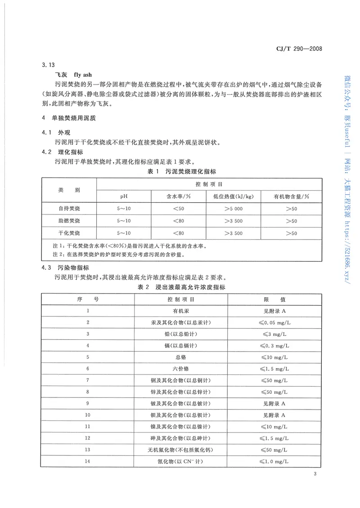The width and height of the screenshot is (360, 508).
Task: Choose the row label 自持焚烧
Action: (x=69, y=209)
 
